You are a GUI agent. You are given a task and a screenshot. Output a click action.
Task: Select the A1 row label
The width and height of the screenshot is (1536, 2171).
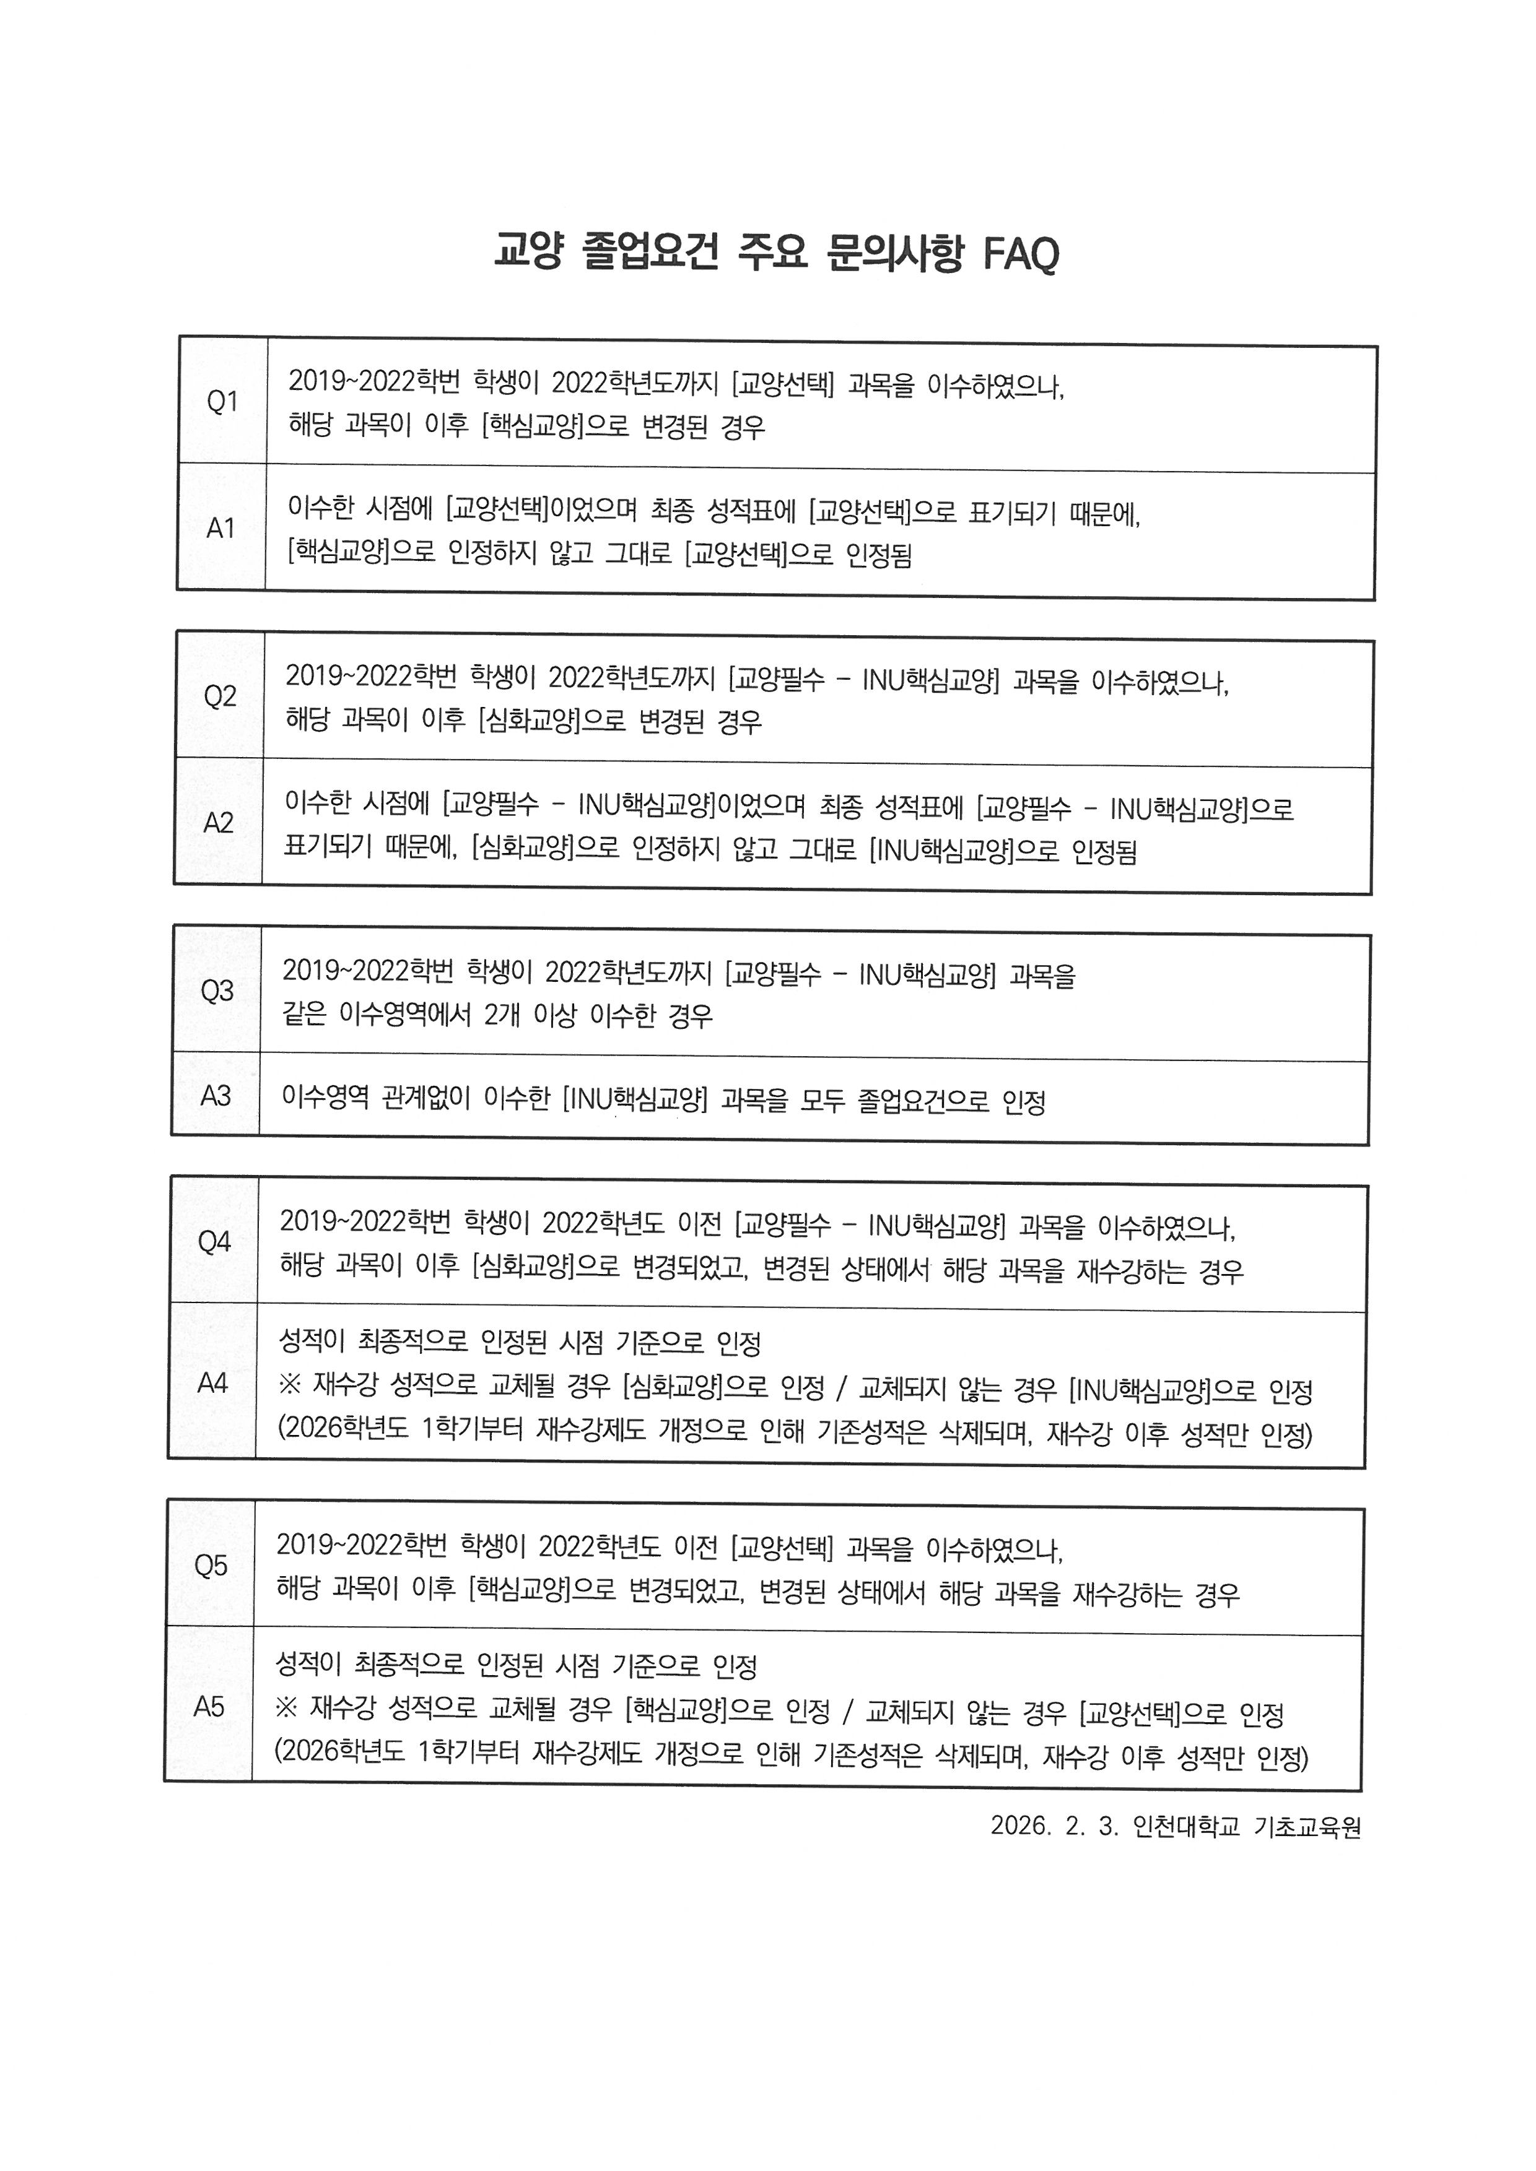pyautogui.click(x=220, y=527)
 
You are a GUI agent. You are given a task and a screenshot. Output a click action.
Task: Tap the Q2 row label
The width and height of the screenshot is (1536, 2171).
pyautogui.click(x=219, y=697)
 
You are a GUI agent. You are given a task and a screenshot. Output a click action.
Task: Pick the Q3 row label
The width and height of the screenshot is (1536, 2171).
pyautogui.click(x=217, y=991)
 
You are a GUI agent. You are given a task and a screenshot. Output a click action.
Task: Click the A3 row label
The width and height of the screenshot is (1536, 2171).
pyautogui.click(x=216, y=1096)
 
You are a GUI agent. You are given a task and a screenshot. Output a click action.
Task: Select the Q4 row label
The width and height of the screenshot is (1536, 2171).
pyautogui.click(x=214, y=1242)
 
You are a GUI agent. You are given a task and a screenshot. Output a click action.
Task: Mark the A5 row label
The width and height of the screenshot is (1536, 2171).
pyautogui.click(x=209, y=1707)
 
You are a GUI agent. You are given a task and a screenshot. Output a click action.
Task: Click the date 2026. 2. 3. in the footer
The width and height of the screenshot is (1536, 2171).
pyautogui.click(x=1055, y=1852)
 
